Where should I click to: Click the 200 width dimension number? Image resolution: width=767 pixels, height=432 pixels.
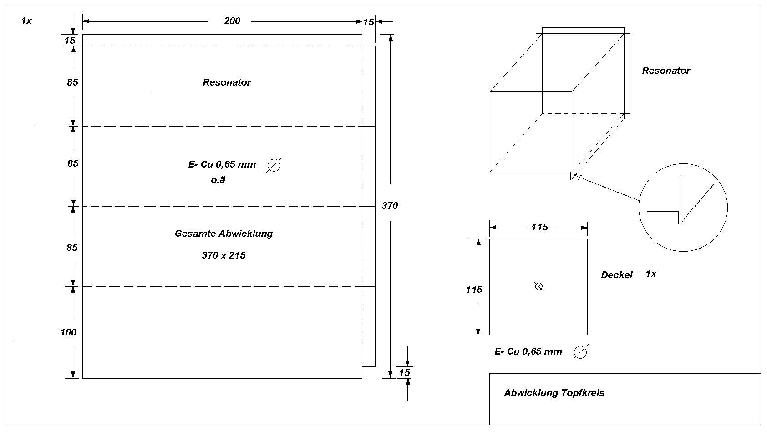coord(232,21)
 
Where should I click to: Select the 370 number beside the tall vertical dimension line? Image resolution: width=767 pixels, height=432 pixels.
coord(390,206)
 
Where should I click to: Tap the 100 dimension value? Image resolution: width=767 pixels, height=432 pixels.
coord(68,332)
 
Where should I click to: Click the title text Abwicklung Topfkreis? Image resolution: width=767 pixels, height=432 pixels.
coord(554,393)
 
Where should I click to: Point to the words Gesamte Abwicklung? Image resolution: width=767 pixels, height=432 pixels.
coord(223,234)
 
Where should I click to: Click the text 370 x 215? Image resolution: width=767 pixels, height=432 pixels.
coord(223,255)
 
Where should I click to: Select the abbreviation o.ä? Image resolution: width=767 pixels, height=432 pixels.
coord(218,180)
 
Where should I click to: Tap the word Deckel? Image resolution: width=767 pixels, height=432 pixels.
coord(617,275)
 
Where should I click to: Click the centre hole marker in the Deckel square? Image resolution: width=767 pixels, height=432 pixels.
coord(538,286)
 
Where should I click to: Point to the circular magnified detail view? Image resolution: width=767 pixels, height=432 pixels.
coord(683,208)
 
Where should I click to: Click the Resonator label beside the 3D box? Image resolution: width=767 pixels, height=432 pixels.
coord(666,71)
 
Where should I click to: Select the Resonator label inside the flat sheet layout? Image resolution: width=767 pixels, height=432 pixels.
coord(227,82)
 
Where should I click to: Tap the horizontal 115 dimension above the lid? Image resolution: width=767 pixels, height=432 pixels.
coord(539,227)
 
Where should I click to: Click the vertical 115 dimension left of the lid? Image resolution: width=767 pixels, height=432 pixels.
coord(474,290)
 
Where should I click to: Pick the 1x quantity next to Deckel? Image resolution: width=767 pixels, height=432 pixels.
coord(651,274)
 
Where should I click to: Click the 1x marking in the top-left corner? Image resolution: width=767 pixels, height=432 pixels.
coord(26,20)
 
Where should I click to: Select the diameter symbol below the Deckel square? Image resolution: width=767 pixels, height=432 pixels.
coord(580,352)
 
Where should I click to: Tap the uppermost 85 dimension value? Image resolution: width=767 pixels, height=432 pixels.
coord(72,82)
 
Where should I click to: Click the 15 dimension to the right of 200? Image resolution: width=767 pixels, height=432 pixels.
coord(368,22)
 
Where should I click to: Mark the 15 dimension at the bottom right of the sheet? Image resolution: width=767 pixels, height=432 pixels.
coord(404,373)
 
